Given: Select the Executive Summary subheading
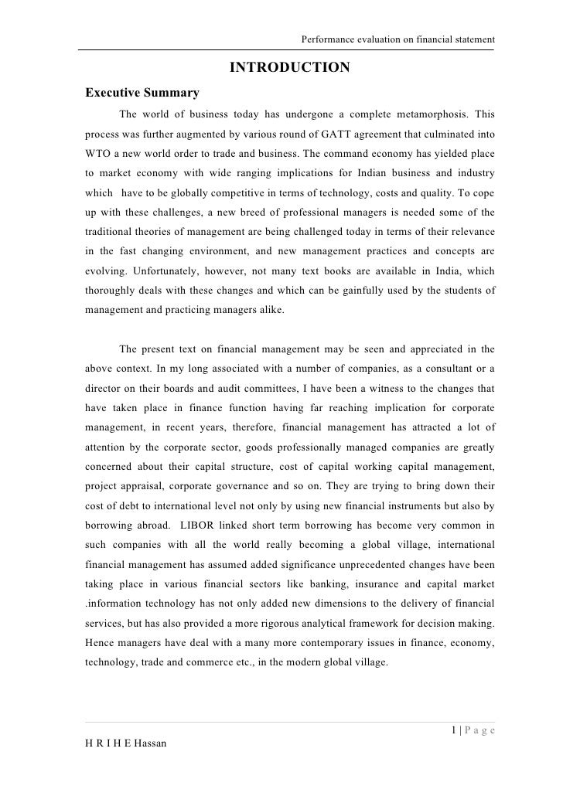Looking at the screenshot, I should pos(142,94).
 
